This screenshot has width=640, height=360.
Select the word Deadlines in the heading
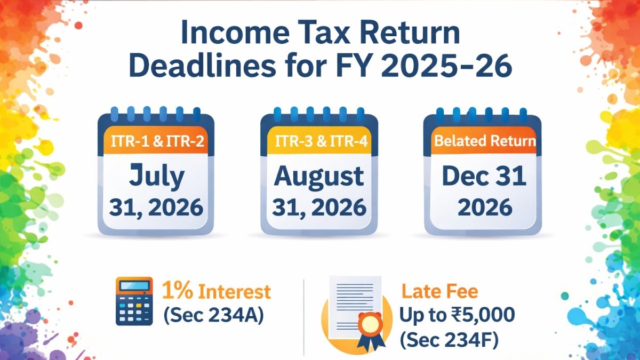[202, 66]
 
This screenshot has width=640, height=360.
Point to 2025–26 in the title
[446, 66]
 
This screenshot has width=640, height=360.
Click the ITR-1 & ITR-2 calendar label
[157, 141]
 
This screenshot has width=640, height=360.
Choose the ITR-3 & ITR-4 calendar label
[321, 141]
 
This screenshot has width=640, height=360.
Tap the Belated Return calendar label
[485, 141]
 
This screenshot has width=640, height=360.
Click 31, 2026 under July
[156, 208]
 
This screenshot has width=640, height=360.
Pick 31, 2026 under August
[319, 208]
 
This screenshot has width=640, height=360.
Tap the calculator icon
[134, 301]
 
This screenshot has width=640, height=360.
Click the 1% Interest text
[217, 291]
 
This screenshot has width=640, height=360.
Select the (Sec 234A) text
[214, 316]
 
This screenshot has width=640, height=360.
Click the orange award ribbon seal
[371, 329]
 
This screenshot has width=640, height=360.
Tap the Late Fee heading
[439, 291]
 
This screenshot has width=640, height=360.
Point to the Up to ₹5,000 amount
[457, 315]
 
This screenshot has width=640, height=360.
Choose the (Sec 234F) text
[449, 340]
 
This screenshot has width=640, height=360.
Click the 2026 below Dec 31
[485, 207]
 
